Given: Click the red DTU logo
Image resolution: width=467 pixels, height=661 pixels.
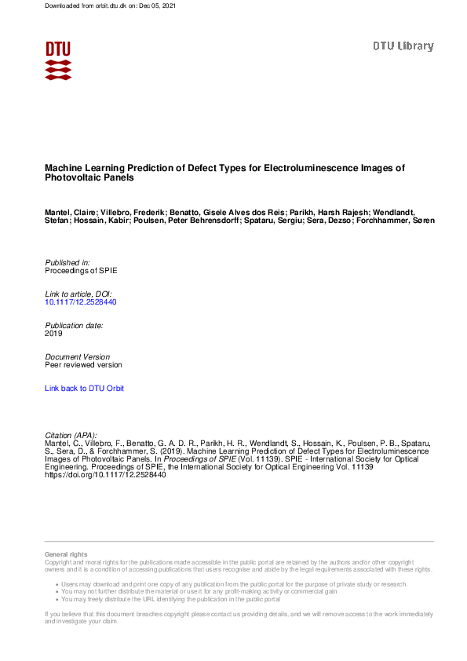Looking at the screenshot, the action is click(x=58, y=60).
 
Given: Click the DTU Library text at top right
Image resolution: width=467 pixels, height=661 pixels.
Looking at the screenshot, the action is click(x=403, y=46).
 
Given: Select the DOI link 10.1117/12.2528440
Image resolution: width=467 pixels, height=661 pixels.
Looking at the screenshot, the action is click(x=81, y=301).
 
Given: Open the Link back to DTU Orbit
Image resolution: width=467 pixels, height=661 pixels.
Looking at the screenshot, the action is click(x=84, y=388).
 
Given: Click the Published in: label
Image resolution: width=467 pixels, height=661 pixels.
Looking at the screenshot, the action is click(x=67, y=261).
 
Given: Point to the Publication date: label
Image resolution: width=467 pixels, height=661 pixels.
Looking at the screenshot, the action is click(x=75, y=325).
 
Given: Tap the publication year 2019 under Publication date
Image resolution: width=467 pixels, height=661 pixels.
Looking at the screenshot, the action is click(x=53, y=334).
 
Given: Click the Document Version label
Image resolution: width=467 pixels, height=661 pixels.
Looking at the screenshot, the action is click(x=78, y=356).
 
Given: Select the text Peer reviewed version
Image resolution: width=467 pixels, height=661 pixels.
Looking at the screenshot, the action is click(x=83, y=365).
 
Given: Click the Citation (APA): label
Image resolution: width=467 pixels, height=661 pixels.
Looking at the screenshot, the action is click(x=71, y=435).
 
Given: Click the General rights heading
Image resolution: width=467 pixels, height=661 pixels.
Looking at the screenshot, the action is click(x=67, y=555).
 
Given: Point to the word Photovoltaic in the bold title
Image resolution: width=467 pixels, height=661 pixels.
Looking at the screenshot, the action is click(x=71, y=178).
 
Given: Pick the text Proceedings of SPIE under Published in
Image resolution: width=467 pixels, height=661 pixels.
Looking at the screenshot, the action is click(x=81, y=270).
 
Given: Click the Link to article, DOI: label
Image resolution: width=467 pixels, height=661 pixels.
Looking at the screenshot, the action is click(x=78, y=293).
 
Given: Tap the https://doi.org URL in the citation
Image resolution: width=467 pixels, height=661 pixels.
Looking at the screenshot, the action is click(x=105, y=475).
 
